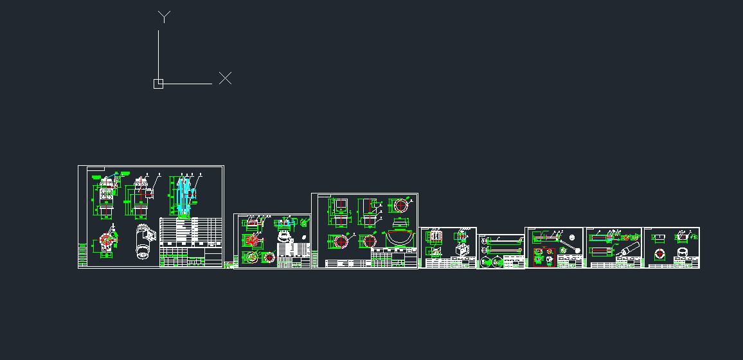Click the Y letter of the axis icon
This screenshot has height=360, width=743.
pos(165,17)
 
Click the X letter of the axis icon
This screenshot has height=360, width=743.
pos(225,78)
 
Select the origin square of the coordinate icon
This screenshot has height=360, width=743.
pos(158,84)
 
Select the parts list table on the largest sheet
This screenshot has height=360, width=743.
pos(190,231)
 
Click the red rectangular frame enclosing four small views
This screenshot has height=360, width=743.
pos(545,257)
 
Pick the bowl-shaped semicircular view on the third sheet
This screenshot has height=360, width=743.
pos(399,237)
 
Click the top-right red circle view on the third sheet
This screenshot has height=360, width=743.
pos(401,206)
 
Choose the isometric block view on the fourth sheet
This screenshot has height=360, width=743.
pos(462,249)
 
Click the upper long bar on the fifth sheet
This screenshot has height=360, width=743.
pos(502,240)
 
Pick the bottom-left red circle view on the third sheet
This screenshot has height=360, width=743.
pos(340,241)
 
